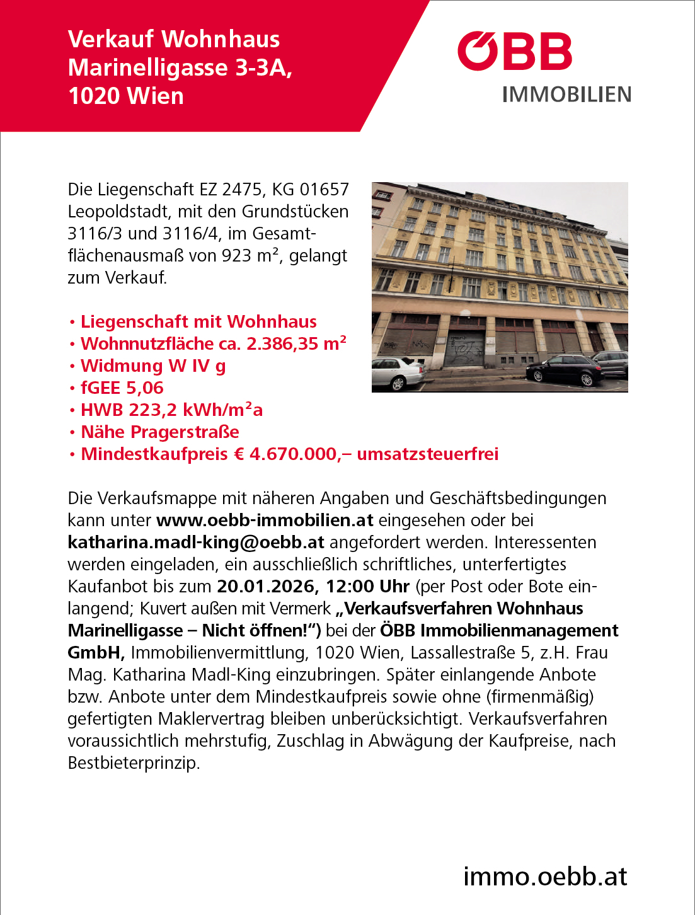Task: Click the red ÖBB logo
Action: (514, 52)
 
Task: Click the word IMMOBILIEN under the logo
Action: (566, 95)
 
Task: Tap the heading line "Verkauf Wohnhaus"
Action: (174, 39)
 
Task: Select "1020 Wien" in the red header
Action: (126, 96)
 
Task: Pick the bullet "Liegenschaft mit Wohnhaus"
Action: (198, 321)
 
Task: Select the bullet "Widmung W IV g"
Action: (153, 365)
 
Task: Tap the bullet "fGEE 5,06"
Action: (122, 388)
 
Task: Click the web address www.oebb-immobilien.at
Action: (265, 520)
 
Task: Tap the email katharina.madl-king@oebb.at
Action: (196, 542)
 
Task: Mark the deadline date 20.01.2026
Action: (267, 586)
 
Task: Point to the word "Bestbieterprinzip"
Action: (134, 762)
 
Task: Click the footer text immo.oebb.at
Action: (545, 876)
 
